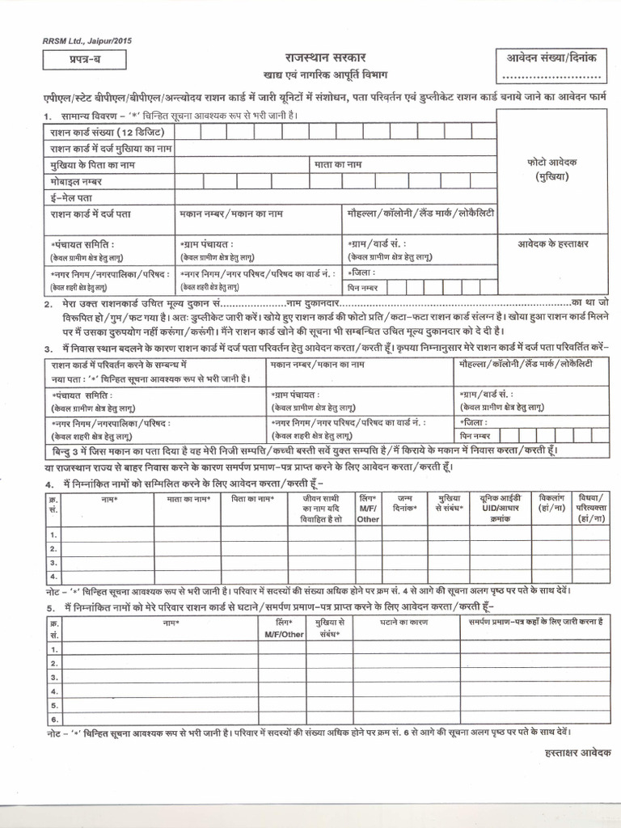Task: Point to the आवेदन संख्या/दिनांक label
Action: pyautogui.click(x=550, y=59)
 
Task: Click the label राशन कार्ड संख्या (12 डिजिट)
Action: pyautogui.click(x=96, y=133)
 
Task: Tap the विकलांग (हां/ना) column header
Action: pyautogui.click(x=554, y=505)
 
